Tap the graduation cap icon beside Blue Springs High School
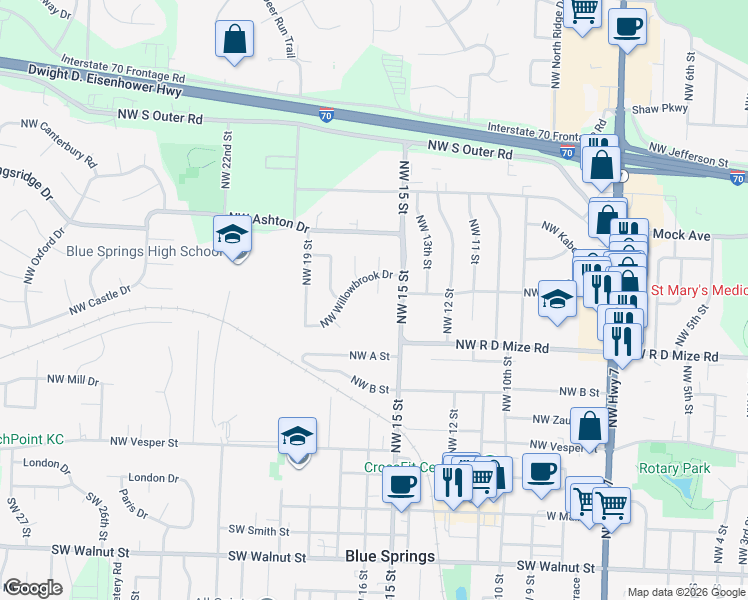(233, 235)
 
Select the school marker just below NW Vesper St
(297, 436)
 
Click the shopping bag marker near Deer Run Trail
(234, 40)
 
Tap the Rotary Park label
(677, 468)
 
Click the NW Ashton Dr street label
(269, 222)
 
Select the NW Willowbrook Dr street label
(356, 297)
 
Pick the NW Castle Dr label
(100, 300)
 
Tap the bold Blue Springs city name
(390, 556)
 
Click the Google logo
(33, 588)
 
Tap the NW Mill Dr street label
(73, 381)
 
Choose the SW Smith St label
(258, 531)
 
